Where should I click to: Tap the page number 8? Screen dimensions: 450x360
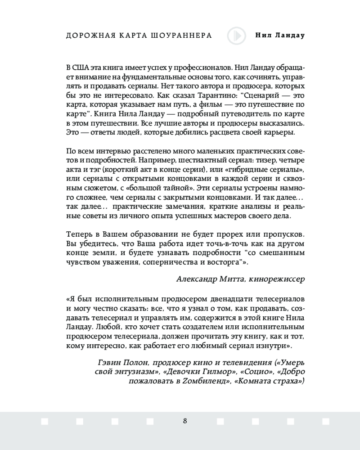tap(185, 421)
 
